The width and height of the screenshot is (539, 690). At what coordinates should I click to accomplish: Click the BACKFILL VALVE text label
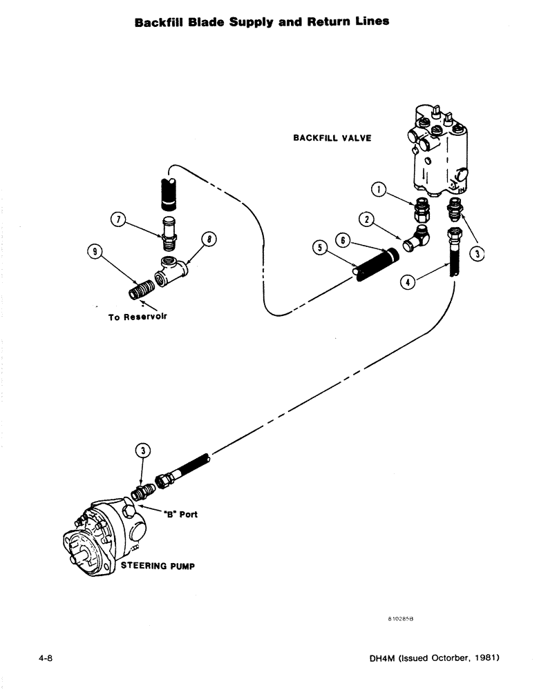tap(332, 138)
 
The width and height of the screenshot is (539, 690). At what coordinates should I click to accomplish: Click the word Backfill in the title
tap(159, 21)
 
